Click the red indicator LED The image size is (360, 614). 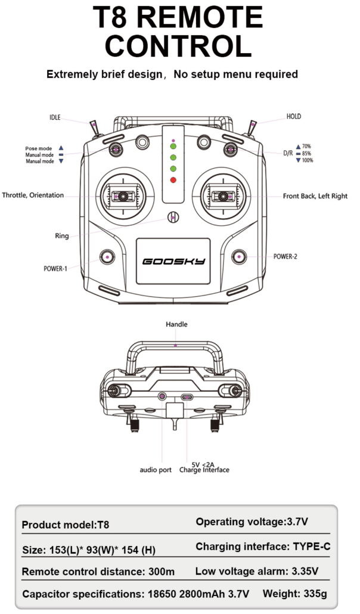(x=173, y=180)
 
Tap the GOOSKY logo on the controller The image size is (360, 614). (x=173, y=261)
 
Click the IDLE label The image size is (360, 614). (x=55, y=118)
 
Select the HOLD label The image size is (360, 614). (x=294, y=117)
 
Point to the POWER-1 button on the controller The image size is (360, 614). (x=108, y=256)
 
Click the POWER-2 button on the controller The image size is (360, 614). (x=239, y=256)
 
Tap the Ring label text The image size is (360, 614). (x=61, y=236)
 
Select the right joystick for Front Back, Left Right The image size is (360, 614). (x=223, y=196)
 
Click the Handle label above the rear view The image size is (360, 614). (x=176, y=324)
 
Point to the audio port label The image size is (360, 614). (x=156, y=470)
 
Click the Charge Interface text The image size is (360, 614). (x=204, y=470)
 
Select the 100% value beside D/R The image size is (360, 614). (x=307, y=160)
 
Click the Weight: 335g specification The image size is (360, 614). (x=294, y=594)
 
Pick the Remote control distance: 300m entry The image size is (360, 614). (x=98, y=572)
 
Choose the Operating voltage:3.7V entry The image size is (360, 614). (x=252, y=522)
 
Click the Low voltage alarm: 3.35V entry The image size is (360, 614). (x=257, y=571)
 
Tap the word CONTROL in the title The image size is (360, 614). (x=178, y=46)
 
